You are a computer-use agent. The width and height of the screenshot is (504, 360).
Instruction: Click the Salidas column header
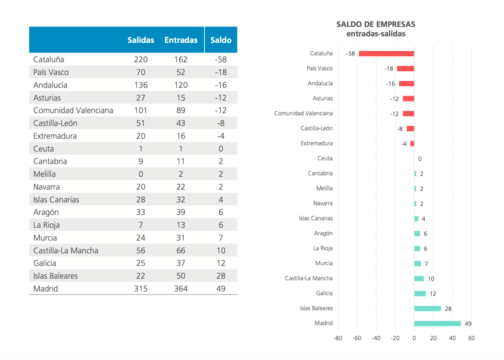pos(141,40)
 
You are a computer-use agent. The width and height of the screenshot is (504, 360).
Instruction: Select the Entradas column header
pos(181,40)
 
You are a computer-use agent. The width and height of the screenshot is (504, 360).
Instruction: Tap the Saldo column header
pos(221,40)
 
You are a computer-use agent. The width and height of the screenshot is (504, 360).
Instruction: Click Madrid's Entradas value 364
pos(181,288)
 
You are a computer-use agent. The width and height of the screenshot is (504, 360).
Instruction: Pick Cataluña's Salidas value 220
pos(141,59)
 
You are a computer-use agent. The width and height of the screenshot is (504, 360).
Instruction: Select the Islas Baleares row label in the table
pos(55,276)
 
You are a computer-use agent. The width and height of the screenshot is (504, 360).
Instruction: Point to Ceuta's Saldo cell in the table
pos(221,149)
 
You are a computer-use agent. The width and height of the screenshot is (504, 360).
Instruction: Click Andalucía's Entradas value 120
pos(181,85)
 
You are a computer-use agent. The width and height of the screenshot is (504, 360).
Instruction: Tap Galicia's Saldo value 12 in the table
pos(221,263)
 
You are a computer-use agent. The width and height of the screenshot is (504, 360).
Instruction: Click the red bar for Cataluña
pos(386,54)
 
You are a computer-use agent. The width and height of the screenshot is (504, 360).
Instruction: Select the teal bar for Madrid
pos(437,323)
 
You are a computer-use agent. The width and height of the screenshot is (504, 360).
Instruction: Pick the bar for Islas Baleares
pos(427,308)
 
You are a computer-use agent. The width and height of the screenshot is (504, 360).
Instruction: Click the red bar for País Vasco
pos(405,69)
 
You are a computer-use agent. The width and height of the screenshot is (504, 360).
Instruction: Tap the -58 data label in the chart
pos(350,54)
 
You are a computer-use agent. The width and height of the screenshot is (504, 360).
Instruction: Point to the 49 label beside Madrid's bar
pos(468,323)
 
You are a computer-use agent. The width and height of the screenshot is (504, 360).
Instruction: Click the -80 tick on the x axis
pos(338,338)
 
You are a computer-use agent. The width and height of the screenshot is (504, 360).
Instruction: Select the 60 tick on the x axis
pos(471,338)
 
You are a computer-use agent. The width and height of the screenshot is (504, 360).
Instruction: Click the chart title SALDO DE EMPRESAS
pos(376,24)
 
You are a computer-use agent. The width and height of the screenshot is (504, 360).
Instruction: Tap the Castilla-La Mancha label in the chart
pos(308,278)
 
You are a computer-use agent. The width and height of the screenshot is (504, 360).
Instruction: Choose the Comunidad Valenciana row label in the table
pos(73,110)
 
